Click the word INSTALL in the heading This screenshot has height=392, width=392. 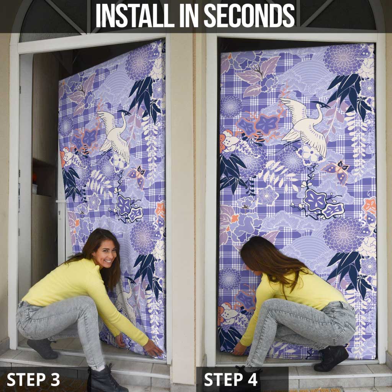135,15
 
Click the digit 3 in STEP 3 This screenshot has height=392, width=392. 54,379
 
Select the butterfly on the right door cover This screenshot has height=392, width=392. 336,171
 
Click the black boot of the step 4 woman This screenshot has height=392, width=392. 331,359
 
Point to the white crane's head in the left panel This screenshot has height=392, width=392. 124,113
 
